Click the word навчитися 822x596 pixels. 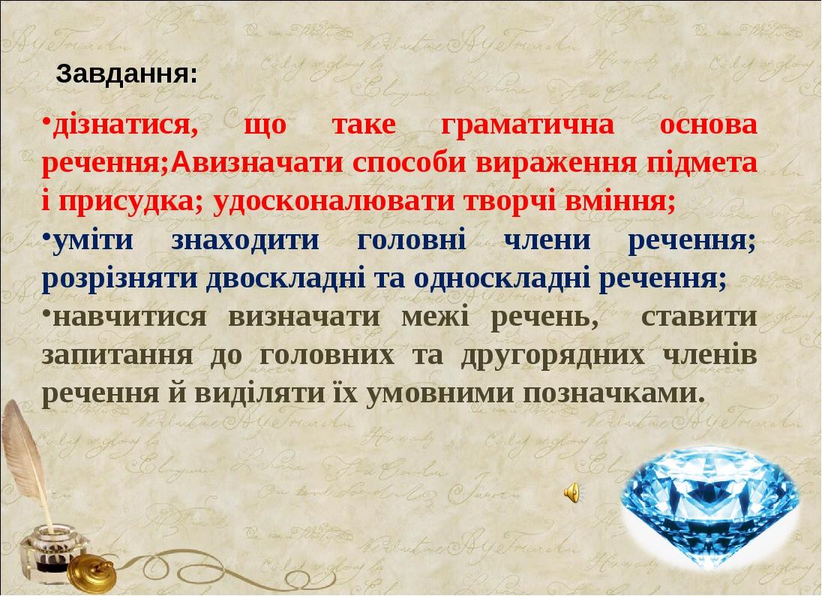[128, 317]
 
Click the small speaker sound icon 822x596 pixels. [571, 492]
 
